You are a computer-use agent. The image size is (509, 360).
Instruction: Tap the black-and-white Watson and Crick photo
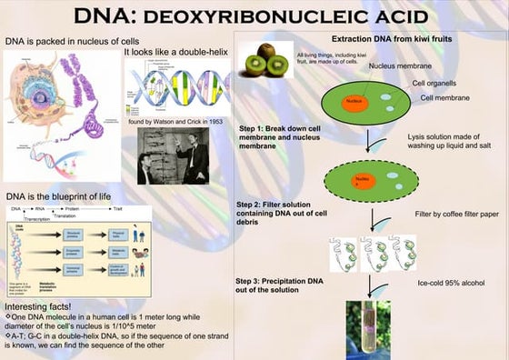tap(173, 155)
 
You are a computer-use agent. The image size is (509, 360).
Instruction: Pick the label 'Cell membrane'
tap(444, 97)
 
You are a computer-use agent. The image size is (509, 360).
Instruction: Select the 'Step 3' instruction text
tap(279, 285)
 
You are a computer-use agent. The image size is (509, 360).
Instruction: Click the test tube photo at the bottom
tap(368, 329)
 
